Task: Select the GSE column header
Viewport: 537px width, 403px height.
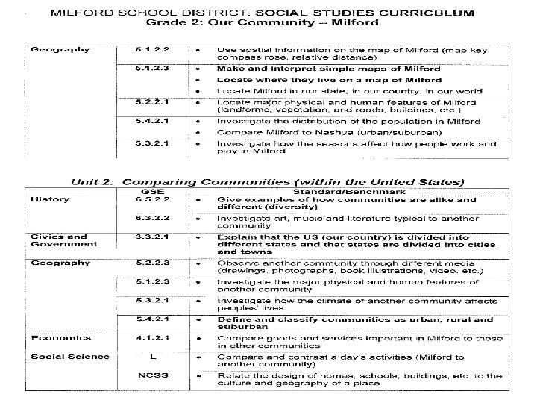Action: click(152, 190)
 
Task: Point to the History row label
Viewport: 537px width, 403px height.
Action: click(50, 199)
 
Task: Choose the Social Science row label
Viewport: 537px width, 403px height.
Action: click(70, 356)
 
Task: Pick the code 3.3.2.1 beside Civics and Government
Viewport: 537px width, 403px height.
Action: click(152, 237)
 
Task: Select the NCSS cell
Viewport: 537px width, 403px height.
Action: click(152, 375)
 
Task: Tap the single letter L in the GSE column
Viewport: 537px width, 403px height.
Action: click(152, 356)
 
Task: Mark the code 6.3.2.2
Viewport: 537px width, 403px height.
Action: click(152, 218)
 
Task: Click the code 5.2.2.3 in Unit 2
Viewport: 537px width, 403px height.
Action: click(152, 263)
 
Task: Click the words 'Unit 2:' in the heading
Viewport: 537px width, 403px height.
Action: click(94, 181)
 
